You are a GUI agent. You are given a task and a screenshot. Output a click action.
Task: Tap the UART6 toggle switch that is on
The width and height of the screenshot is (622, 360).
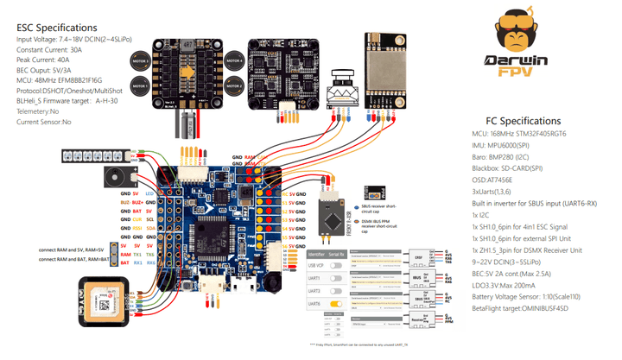tap(348, 304)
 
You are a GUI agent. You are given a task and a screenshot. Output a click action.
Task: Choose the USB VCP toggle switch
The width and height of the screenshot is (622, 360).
tap(348, 266)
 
